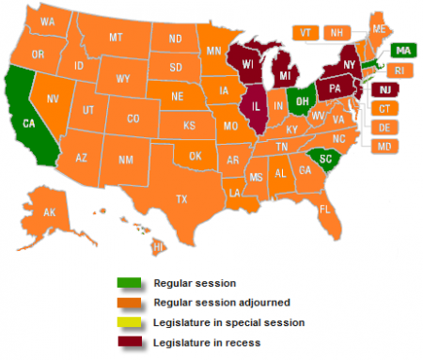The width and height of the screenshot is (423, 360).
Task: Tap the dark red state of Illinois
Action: tap(253, 102)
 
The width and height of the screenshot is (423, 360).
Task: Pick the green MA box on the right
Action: tap(401, 50)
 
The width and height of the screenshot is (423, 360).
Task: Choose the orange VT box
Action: tap(305, 32)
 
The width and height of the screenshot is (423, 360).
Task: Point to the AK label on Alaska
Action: tap(50, 212)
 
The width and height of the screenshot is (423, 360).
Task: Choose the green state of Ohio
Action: tap(303, 97)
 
